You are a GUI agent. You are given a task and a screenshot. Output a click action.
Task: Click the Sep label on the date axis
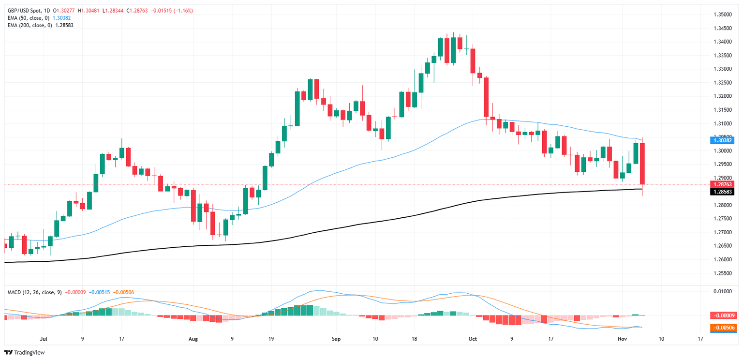click(337, 339)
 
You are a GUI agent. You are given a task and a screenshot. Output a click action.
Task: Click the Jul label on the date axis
click(44, 339)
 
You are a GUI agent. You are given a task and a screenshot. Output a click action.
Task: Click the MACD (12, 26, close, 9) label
click(34, 292)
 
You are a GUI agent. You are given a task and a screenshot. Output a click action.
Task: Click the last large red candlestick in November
click(642, 164)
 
